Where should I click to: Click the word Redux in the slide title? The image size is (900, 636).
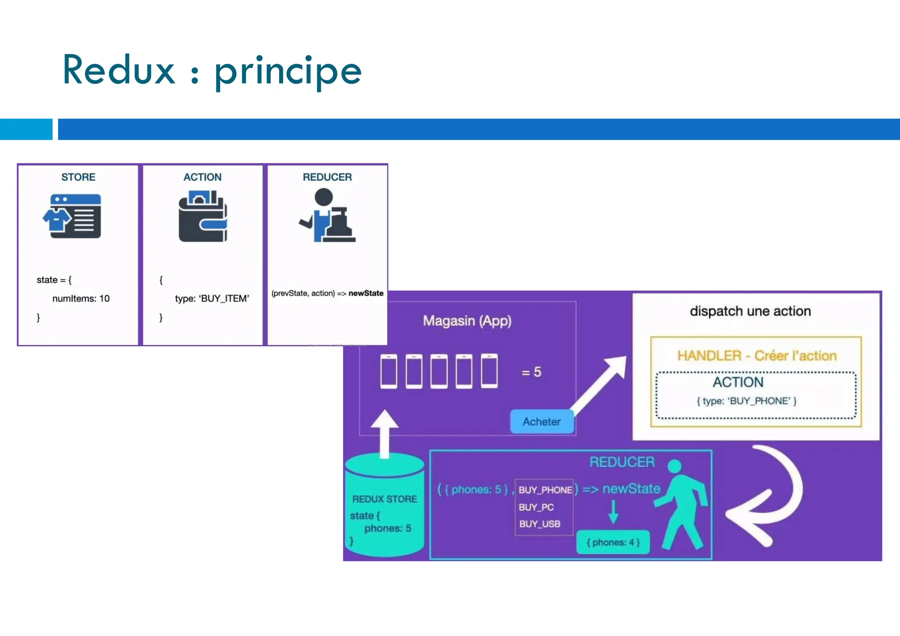pos(119,70)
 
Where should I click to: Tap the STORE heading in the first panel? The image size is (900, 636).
pos(78,177)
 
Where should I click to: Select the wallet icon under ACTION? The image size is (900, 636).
pos(203,216)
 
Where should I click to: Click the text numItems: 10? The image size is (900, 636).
pos(81,299)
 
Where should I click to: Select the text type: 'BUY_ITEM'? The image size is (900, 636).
pos(212,299)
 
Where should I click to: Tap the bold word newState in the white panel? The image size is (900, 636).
pos(366,293)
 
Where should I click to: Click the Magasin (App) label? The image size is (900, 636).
pos(467,321)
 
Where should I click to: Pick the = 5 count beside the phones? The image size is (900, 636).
pos(531,372)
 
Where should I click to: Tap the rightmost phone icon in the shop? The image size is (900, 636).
pos(489,371)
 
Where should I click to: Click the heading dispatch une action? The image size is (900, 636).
pos(750,311)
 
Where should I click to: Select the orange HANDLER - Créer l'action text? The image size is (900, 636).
pos(757,356)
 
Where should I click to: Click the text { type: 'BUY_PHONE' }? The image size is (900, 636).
pos(747,401)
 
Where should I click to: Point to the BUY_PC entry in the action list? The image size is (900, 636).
pos(536,507)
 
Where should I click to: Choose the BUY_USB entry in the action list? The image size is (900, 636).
pos(540,524)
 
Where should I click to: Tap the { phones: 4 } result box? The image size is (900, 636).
pos(613,542)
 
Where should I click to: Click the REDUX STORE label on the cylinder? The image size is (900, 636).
pos(385,499)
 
